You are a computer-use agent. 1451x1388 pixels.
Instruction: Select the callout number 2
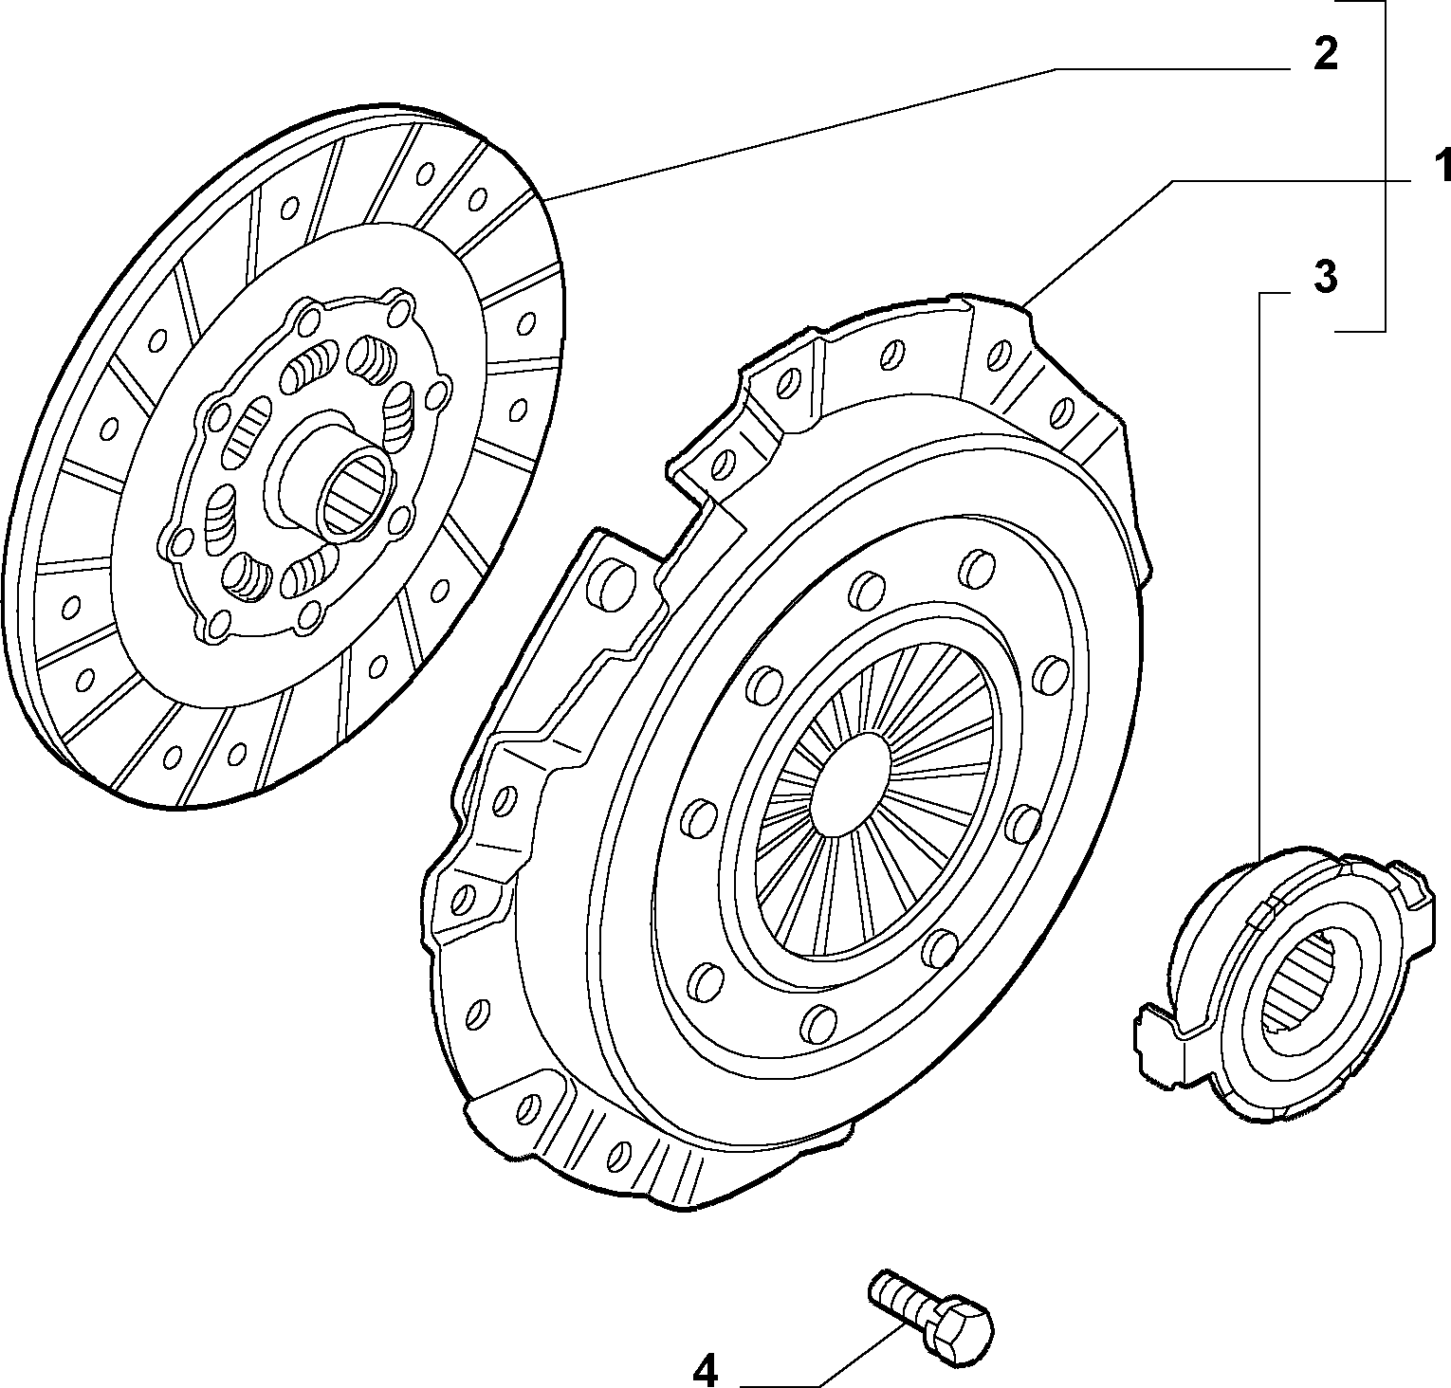pos(1325,54)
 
